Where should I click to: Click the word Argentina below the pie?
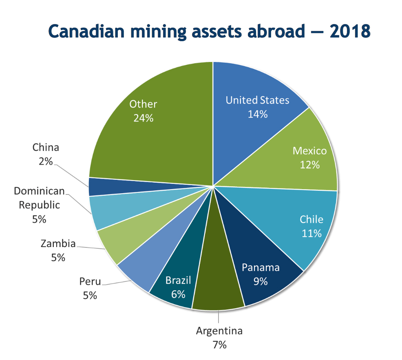pos(219,331)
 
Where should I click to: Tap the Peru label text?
pos(90,281)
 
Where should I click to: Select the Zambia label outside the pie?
pos(58,244)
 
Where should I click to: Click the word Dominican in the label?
pos(40,191)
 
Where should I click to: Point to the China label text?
pos(46,148)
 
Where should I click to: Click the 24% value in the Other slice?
pos(143,118)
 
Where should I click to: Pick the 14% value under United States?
pos(258,114)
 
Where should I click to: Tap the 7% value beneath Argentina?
pos(219,345)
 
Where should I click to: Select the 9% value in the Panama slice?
pos(261,281)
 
